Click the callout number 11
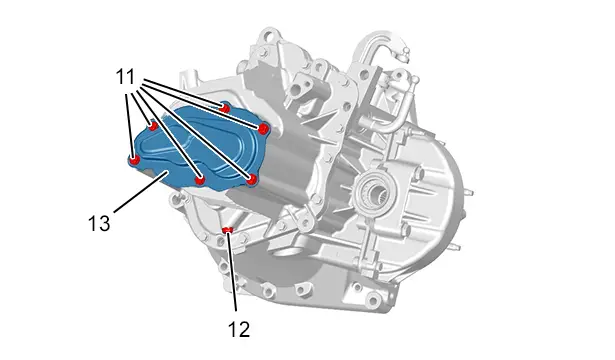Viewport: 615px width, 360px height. pos(125,77)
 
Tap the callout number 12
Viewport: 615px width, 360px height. pos(239,329)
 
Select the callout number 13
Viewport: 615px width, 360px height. pos(99,224)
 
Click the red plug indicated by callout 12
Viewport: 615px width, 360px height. pos(227,230)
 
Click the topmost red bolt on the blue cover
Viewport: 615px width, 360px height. pos(225,107)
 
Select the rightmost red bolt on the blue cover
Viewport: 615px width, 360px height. pos(264,128)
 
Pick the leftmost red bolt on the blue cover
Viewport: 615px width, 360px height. pos(135,160)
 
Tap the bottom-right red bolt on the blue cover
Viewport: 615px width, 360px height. pos(252,180)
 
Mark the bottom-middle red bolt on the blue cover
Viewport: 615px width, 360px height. pos(200,180)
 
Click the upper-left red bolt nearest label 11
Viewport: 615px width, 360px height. pos(153,126)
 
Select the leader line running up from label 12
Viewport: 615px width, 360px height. pos(232,271)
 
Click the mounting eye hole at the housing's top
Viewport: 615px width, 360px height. pos(268,38)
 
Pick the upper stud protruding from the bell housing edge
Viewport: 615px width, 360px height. pos(468,193)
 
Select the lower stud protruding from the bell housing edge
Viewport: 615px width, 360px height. pos(455,247)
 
